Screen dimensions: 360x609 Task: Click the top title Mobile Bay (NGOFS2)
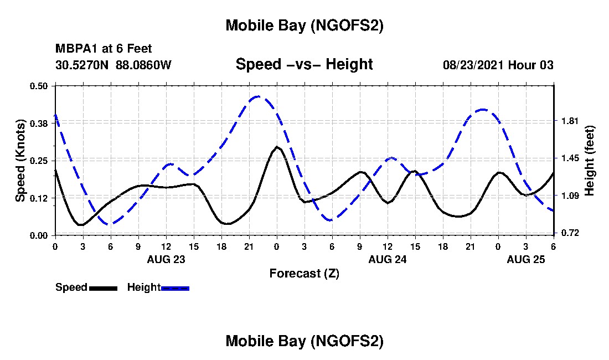(304, 25)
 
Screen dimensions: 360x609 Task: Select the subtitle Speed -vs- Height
(304, 64)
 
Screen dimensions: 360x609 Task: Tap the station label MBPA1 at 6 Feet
(104, 49)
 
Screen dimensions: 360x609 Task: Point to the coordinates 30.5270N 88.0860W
(113, 65)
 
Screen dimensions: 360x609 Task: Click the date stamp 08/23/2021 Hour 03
(498, 65)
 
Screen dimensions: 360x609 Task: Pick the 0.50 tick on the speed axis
(40, 86)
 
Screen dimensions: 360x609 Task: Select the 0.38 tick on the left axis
(40, 123)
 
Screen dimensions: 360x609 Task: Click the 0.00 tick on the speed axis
(40, 235)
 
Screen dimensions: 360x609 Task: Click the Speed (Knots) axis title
(20, 160)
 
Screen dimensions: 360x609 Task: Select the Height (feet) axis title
(589, 160)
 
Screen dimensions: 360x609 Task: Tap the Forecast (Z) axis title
(304, 273)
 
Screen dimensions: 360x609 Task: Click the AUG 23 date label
(166, 259)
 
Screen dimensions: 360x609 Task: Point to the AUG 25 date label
(527, 259)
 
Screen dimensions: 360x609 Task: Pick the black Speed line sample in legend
(103, 288)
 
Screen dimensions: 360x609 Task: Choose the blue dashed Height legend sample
(175, 288)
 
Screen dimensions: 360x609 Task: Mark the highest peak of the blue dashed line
(258, 96)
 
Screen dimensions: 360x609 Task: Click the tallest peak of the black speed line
(277, 147)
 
